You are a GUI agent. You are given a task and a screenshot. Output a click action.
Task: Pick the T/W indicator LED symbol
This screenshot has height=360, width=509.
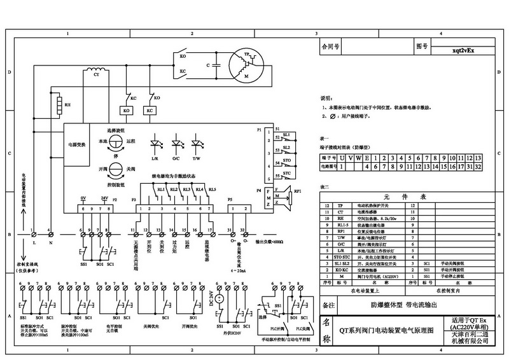point(198,141)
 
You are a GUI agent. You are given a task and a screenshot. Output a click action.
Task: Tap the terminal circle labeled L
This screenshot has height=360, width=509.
point(32,235)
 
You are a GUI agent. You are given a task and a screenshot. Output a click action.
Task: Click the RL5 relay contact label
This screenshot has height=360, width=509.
point(212,190)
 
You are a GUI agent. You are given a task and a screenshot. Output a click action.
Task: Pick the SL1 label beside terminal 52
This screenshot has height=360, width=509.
point(286,135)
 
